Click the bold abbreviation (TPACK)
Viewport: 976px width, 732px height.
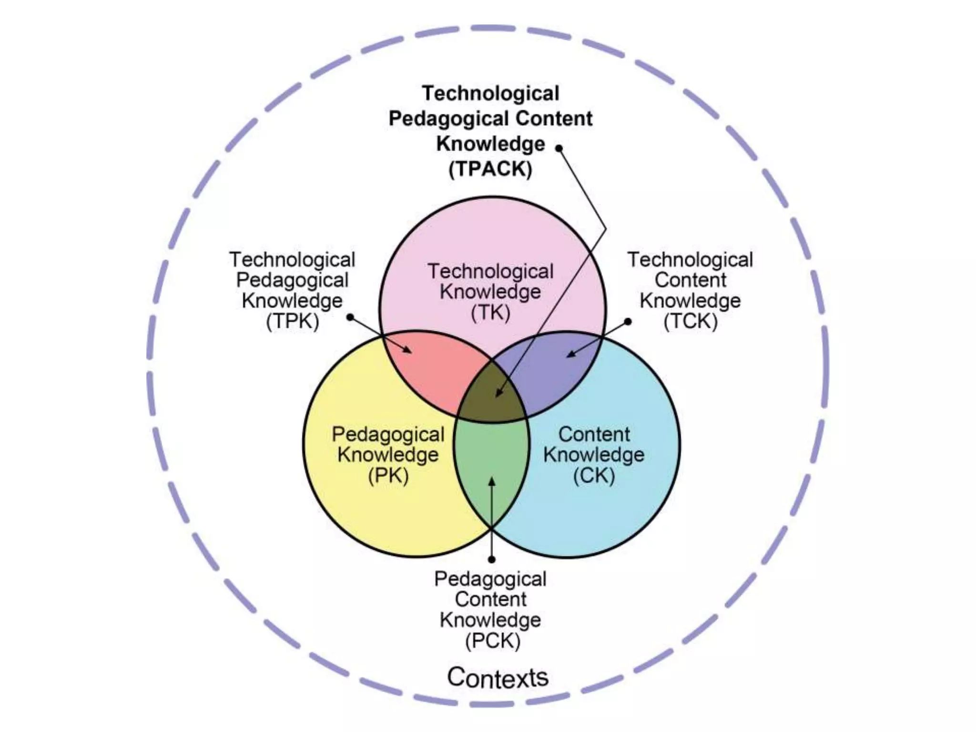[490, 169]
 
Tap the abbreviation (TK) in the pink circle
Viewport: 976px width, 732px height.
[490, 313]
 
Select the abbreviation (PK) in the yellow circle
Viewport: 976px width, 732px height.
[388, 476]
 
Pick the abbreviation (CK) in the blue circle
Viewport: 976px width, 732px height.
[594, 476]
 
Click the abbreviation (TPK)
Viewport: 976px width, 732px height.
[292, 321]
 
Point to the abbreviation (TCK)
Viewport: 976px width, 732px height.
[690, 321]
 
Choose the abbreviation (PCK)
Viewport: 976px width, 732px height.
[492, 640]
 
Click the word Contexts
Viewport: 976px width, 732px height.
[498, 677]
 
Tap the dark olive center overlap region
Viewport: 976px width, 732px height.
[491, 400]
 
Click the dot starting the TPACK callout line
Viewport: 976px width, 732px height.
[559, 148]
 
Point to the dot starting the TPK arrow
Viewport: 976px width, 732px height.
[350, 317]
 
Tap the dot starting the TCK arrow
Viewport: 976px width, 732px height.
[628, 322]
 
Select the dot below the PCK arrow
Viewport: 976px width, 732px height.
[492, 559]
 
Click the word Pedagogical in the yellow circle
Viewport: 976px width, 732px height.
[388, 434]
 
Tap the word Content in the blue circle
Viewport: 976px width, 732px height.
[594, 434]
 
